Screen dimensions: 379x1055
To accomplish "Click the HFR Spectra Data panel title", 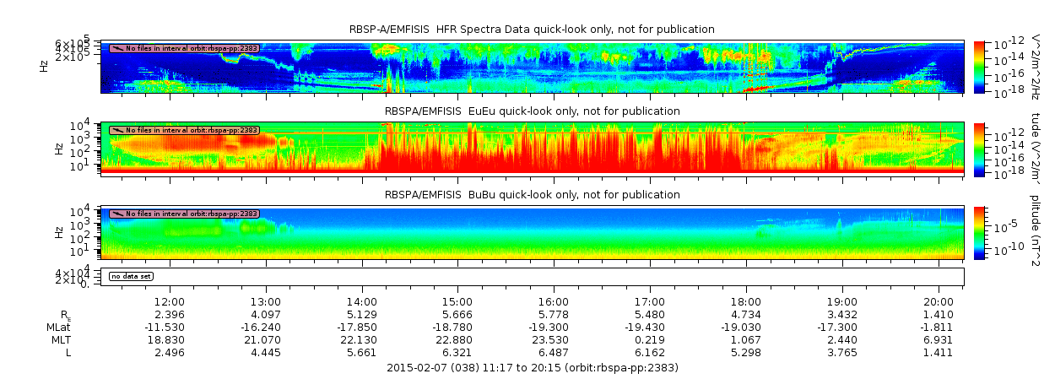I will pyautogui.click(x=532, y=30).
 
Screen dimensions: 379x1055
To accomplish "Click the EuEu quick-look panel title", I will pyautogui.click(x=532, y=111).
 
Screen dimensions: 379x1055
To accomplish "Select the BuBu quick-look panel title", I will pyautogui.click(x=532, y=195).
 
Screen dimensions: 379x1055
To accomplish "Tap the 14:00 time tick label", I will pyautogui.click(x=362, y=301).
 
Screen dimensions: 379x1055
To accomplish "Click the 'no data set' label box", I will pyautogui.click(x=131, y=276).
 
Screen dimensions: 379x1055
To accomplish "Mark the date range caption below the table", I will pyautogui.click(x=532, y=368).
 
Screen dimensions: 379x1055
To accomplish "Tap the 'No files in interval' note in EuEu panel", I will pyautogui.click(x=184, y=131).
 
